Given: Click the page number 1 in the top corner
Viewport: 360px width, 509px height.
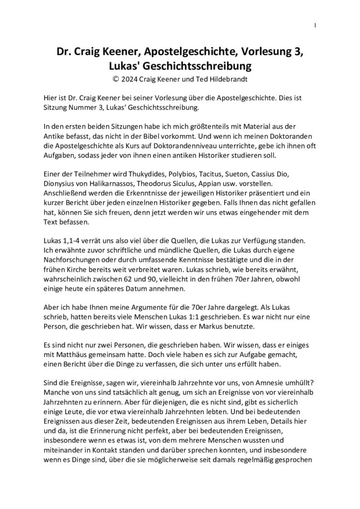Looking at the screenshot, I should (x=316, y=25).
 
